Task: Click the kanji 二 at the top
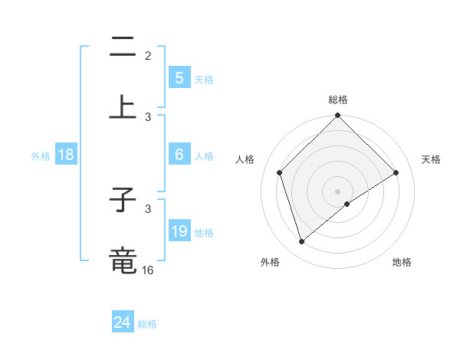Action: click(x=123, y=49)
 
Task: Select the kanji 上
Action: click(x=123, y=107)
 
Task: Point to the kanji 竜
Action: click(x=123, y=260)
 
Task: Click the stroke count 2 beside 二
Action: click(x=148, y=55)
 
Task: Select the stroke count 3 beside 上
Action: click(x=148, y=116)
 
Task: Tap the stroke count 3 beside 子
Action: click(x=148, y=208)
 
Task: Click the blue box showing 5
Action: click(x=179, y=77)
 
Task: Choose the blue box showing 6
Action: click(x=179, y=155)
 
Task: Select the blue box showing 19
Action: click(x=179, y=231)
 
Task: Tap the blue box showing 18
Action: click(x=66, y=155)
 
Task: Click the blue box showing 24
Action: click(x=123, y=322)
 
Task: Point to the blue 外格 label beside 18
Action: click(x=41, y=156)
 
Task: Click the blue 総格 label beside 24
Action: click(x=147, y=324)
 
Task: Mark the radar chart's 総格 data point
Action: click(x=337, y=116)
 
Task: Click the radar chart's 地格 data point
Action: click(x=347, y=204)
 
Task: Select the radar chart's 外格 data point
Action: click(x=301, y=242)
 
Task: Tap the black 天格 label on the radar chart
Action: click(x=431, y=159)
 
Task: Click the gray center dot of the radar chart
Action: click(x=337, y=191)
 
